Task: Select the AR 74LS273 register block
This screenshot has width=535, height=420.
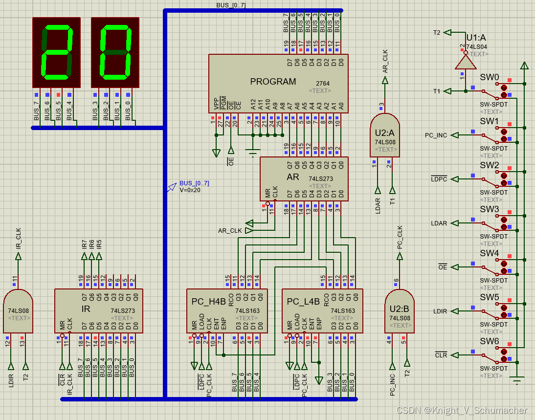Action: pos(304,178)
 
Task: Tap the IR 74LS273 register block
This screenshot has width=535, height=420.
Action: pos(98,310)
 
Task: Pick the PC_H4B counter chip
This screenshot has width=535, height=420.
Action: pos(227,310)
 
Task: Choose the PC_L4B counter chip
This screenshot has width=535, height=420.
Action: pos(322,310)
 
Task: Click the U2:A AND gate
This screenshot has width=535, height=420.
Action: pos(385,135)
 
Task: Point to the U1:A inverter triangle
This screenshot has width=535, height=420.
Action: pos(465,62)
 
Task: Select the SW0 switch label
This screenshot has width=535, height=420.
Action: pos(489,77)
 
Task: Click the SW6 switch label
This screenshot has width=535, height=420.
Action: pos(489,341)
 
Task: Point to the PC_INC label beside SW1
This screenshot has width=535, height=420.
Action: pos(436,135)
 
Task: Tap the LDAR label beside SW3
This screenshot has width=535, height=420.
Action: pos(439,223)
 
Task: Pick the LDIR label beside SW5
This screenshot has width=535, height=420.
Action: pos(440,311)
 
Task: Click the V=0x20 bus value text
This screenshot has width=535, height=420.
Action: pos(190,190)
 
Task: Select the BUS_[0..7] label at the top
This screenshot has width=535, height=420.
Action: pos(231,5)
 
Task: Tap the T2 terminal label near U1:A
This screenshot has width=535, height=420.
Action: pos(437,33)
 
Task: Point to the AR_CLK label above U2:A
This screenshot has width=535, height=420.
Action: pos(385,62)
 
